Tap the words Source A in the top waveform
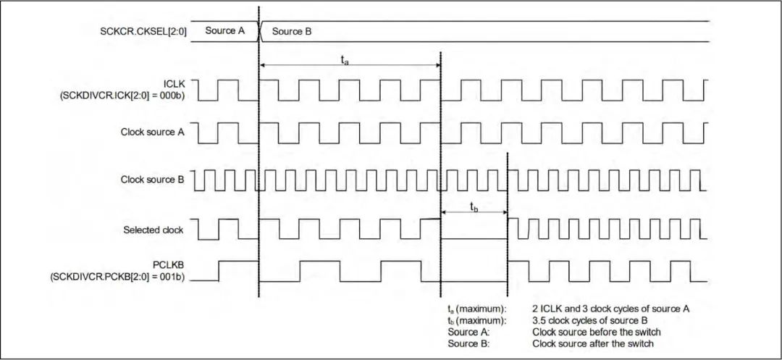point(225,31)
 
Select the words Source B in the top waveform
point(293,31)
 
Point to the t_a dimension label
point(345,61)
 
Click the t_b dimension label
point(474,207)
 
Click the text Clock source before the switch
point(594,331)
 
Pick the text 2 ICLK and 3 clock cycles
point(586,309)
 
